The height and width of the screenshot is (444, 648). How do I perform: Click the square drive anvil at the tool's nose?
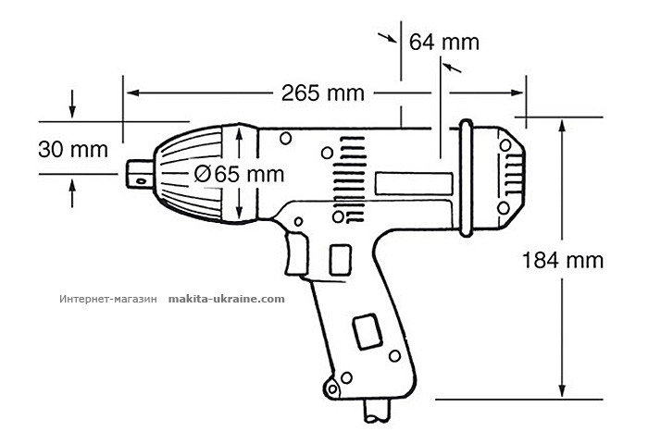142,172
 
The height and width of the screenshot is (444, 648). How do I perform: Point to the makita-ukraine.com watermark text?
227,300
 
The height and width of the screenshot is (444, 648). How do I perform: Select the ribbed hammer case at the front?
199,172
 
